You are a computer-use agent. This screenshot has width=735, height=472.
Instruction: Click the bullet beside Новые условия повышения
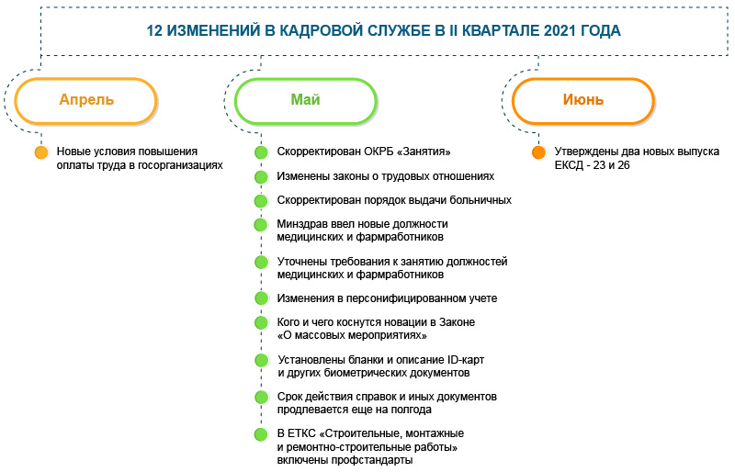[40, 152]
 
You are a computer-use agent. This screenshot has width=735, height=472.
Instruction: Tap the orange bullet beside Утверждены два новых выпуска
[537, 152]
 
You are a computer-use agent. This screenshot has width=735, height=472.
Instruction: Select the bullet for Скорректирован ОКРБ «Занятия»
[261, 152]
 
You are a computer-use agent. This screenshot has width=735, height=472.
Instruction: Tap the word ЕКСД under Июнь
[570, 164]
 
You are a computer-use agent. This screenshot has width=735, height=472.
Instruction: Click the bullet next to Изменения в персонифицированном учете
[261, 298]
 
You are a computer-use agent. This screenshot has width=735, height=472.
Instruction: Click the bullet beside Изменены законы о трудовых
[261, 175]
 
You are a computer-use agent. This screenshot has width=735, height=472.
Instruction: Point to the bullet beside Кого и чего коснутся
[261, 322]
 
